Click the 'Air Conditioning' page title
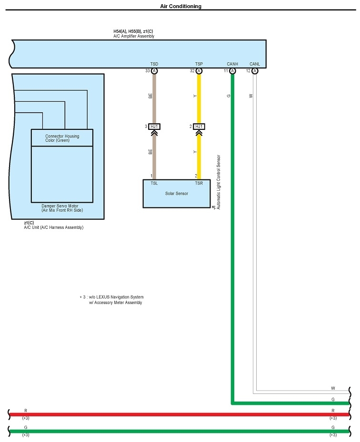coord(180,7)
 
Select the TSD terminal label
coord(154,64)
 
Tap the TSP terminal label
coord(199,64)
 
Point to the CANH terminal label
coord(232,64)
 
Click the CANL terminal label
coord(255,64)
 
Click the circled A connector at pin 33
coord(154,71)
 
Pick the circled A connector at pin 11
coord(232,71)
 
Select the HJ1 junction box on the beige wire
coord(154,127)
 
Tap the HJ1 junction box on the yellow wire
coord(199,127)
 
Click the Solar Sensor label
coord(177,194)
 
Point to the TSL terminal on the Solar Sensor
coord(154,183)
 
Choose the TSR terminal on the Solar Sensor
coord(199,183)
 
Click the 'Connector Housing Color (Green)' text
coord(62,138)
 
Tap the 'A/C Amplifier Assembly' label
coord(134,36)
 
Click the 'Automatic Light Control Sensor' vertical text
coord(219,182)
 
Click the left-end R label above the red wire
coord(26,410)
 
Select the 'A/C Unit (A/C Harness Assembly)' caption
coord(54,227)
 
